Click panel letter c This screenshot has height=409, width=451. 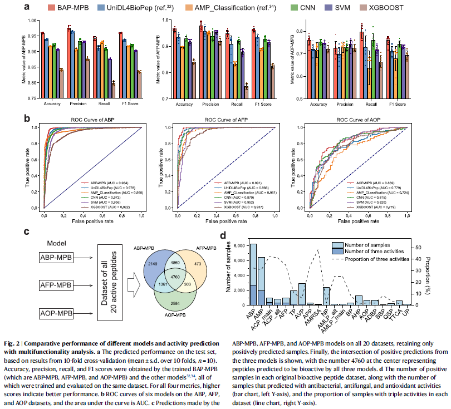(27, 230)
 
